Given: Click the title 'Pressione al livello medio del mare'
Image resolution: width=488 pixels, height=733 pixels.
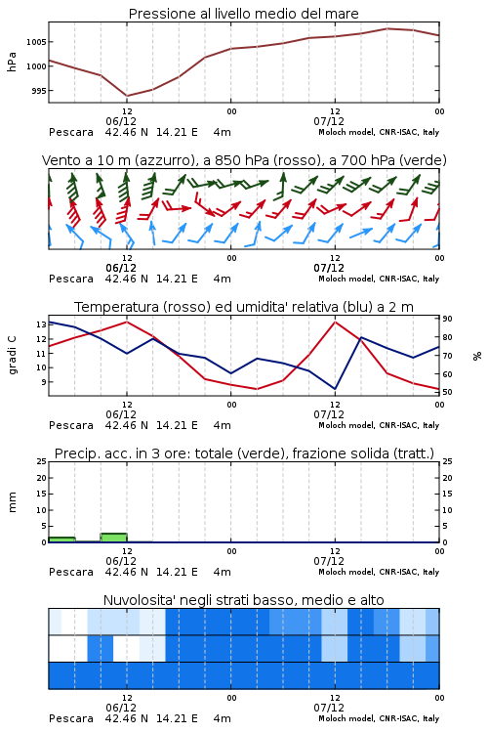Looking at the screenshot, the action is pos(243,14).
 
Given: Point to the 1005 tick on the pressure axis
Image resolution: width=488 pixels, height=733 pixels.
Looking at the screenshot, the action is pos(36,42).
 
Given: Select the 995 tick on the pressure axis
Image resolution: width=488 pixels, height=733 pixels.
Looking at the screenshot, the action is pos(39,91).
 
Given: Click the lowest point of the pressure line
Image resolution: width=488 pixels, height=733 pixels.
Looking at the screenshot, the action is pos(127,96).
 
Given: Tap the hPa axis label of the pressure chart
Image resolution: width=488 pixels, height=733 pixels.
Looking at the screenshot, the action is pos(12,62).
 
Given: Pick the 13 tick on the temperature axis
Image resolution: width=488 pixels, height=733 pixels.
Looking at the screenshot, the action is pos(42,324).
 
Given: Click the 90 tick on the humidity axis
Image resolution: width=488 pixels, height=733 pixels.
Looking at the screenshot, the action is pos(447,319).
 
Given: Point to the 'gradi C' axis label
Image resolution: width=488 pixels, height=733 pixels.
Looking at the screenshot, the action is pos(12,355).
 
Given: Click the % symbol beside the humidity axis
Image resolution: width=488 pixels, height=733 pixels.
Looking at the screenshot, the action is pos(477,356).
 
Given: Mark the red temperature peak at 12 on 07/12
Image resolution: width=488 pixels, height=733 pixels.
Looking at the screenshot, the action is pos(336,322).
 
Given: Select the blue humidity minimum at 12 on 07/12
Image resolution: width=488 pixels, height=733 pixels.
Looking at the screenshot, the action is pos(336,388).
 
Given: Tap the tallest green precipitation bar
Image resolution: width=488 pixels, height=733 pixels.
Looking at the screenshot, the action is pos(114,538).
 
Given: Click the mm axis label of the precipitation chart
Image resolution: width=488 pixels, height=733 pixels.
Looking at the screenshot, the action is pos(12,502).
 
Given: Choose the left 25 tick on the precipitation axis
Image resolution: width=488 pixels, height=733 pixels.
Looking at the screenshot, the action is pos(42,461).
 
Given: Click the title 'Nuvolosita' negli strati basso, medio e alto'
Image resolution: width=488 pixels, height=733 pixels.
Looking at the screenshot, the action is pos(243,600).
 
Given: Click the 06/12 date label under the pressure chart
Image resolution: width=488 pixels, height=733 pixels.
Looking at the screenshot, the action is pos(121,121).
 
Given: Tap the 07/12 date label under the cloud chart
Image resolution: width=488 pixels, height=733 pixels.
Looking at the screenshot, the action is pos(329,708).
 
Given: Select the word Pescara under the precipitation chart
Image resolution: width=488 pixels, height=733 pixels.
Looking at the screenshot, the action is pos(71,572).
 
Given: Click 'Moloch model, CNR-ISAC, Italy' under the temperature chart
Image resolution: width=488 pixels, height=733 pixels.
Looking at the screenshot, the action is pos(379,425).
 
